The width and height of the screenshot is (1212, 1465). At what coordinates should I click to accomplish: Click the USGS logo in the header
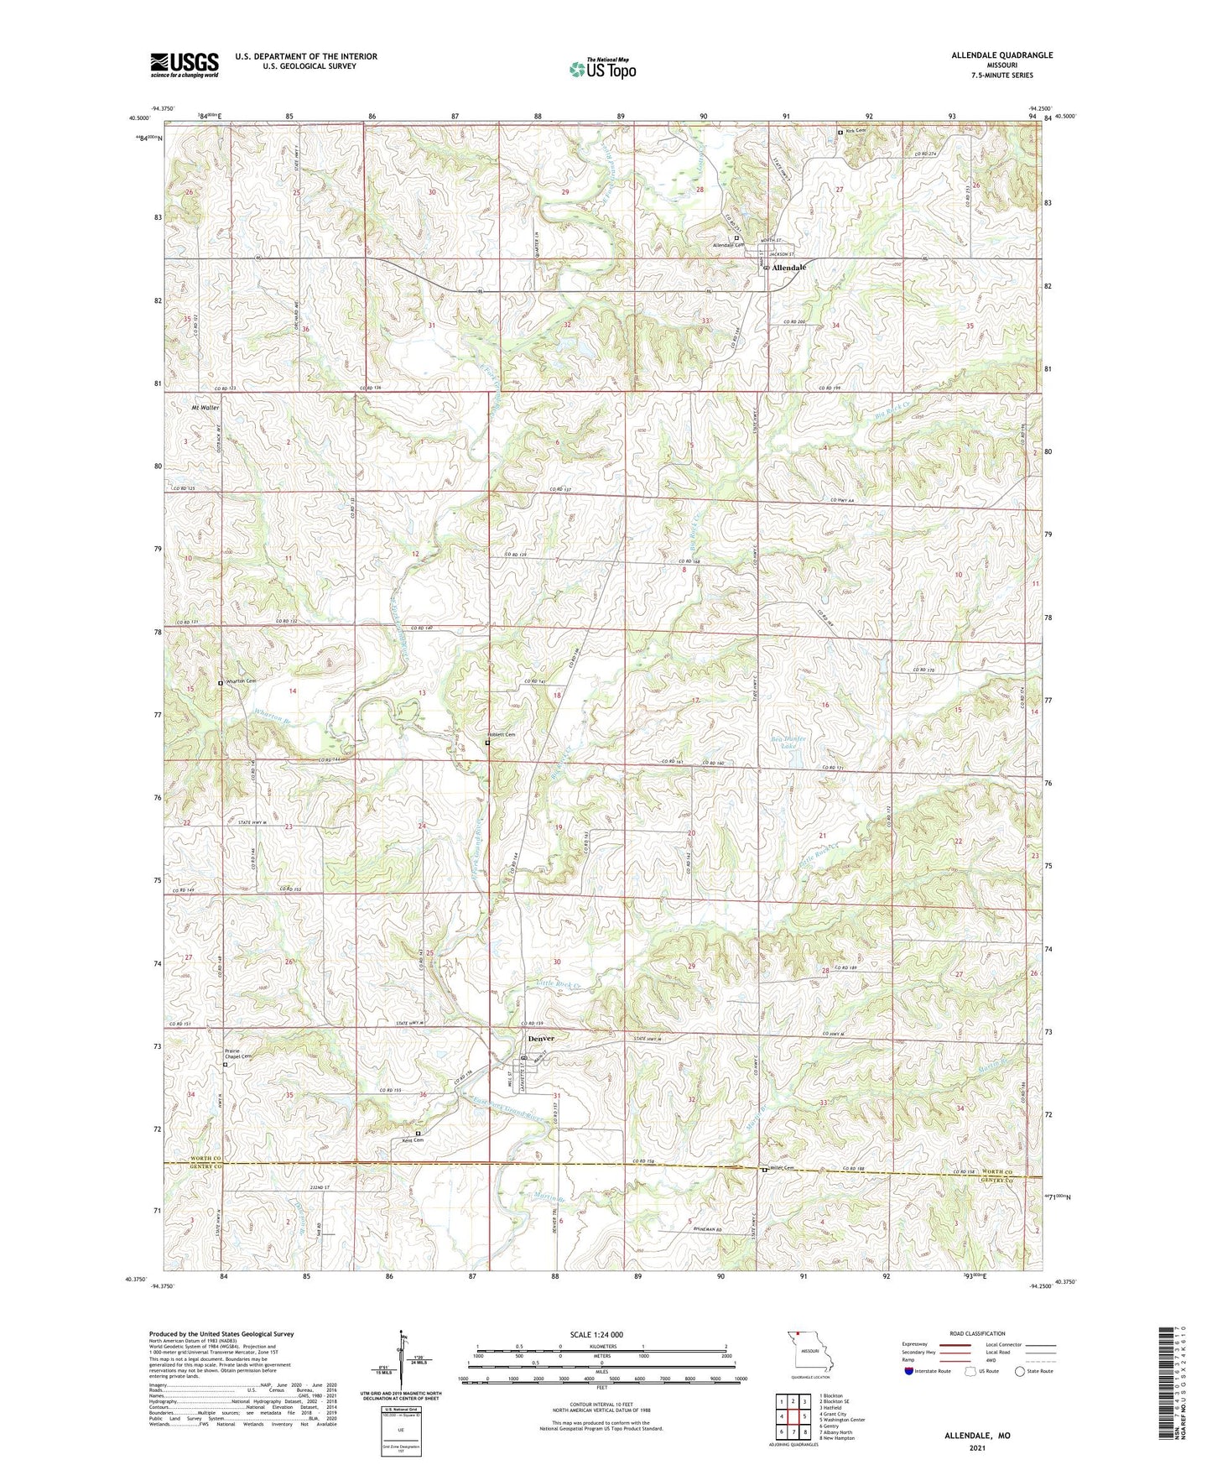185,65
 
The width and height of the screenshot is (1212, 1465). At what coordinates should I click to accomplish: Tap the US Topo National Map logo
602,68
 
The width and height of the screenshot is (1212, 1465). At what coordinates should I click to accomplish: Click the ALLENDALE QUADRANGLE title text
1001,55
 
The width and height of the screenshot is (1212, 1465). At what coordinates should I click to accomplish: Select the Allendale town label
788,268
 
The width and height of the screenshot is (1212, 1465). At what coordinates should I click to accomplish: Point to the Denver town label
541,1039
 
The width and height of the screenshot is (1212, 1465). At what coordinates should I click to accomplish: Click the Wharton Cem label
240,681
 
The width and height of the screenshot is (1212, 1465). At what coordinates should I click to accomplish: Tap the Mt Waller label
204,408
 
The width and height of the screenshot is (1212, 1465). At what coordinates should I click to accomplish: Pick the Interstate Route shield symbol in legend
909,1371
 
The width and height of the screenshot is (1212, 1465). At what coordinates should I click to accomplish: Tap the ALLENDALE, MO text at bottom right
977,1436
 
